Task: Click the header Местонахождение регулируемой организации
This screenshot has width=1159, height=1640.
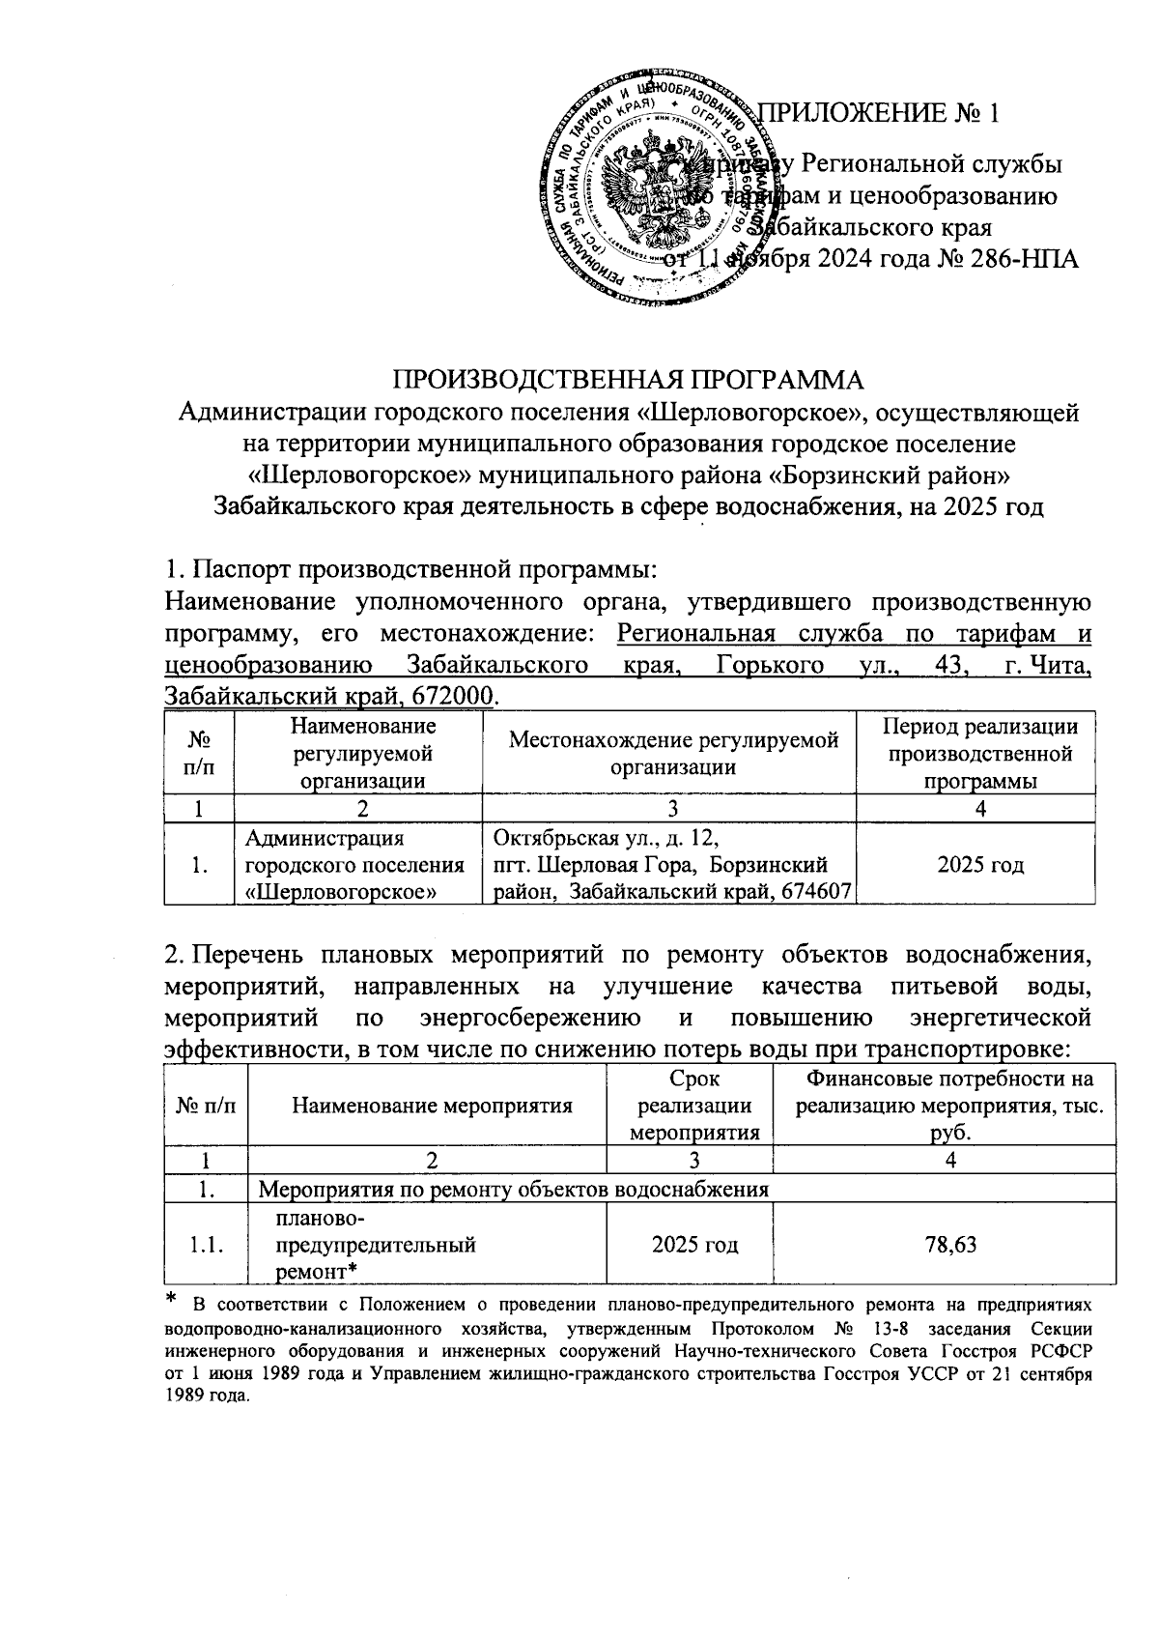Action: (x=673, y=754)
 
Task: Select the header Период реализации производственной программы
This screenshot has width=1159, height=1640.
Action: (x=979, y=754)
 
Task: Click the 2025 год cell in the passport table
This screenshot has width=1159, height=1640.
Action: (x=979, y=864)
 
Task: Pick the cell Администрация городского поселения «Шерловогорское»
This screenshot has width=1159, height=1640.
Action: (x=355, y=864)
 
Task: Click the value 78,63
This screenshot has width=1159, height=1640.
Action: (x=950, y=1245)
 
